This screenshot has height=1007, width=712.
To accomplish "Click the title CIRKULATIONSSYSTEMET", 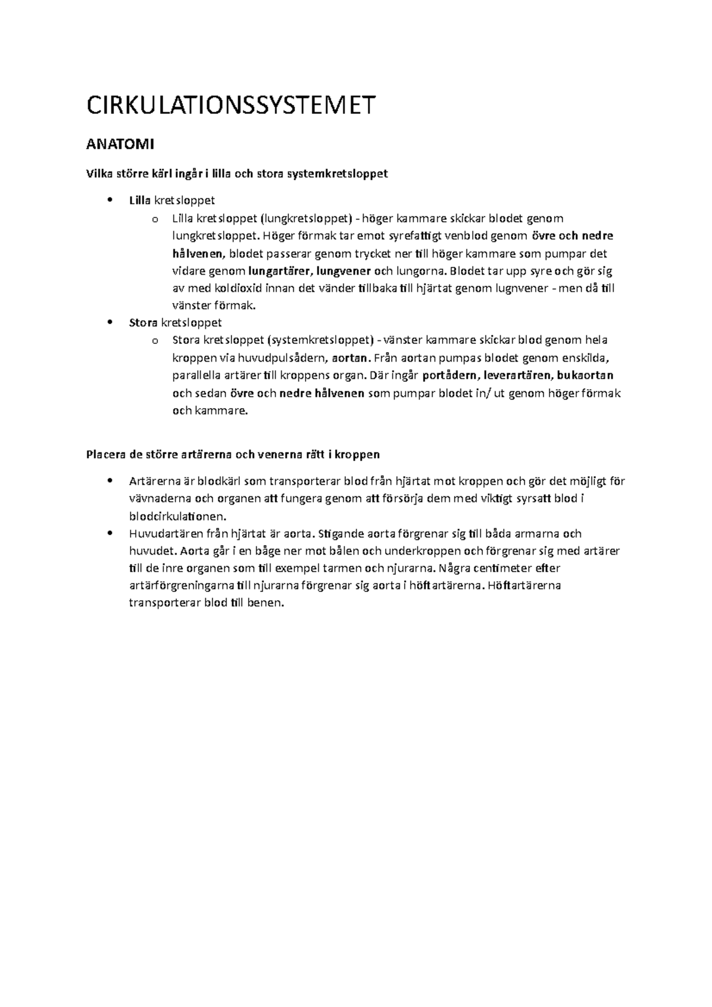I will pos(231,106).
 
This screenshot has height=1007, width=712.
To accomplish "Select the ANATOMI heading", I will pos(120,144).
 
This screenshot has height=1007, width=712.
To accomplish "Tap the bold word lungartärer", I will pos(280,272).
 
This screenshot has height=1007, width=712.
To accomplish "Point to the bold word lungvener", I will pos(344,272).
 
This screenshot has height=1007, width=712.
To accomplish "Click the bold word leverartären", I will pos(519,375).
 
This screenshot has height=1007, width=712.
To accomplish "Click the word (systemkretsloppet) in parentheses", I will pos(321,340).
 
